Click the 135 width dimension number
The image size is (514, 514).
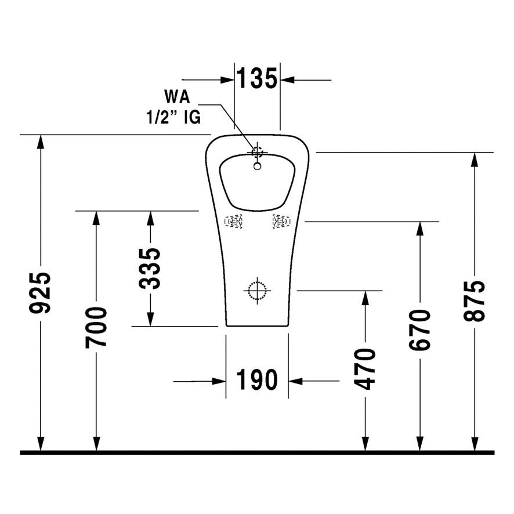257,78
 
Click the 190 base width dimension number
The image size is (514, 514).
257,381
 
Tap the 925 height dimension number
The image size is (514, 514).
42,293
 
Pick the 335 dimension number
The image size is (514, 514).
150,268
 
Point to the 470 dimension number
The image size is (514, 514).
365,368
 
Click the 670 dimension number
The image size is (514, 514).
419,330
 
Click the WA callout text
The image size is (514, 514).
178,96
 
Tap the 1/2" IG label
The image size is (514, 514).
173,117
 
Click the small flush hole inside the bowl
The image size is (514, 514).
257,166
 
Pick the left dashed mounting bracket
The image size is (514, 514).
234,221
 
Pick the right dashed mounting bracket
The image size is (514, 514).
281,221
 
